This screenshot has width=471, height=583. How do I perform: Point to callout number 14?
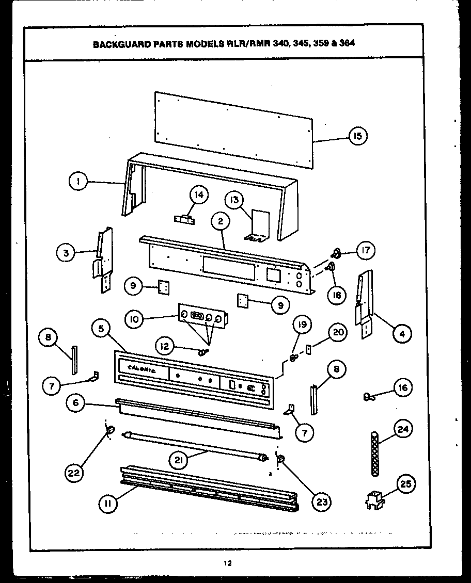(198, 196)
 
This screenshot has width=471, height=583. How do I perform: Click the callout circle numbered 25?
(405, 483)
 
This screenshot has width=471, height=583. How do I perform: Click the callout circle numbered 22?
(75, 472)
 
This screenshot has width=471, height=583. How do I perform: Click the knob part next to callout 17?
(337, 253)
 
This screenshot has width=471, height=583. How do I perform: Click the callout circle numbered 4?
(403, 334)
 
